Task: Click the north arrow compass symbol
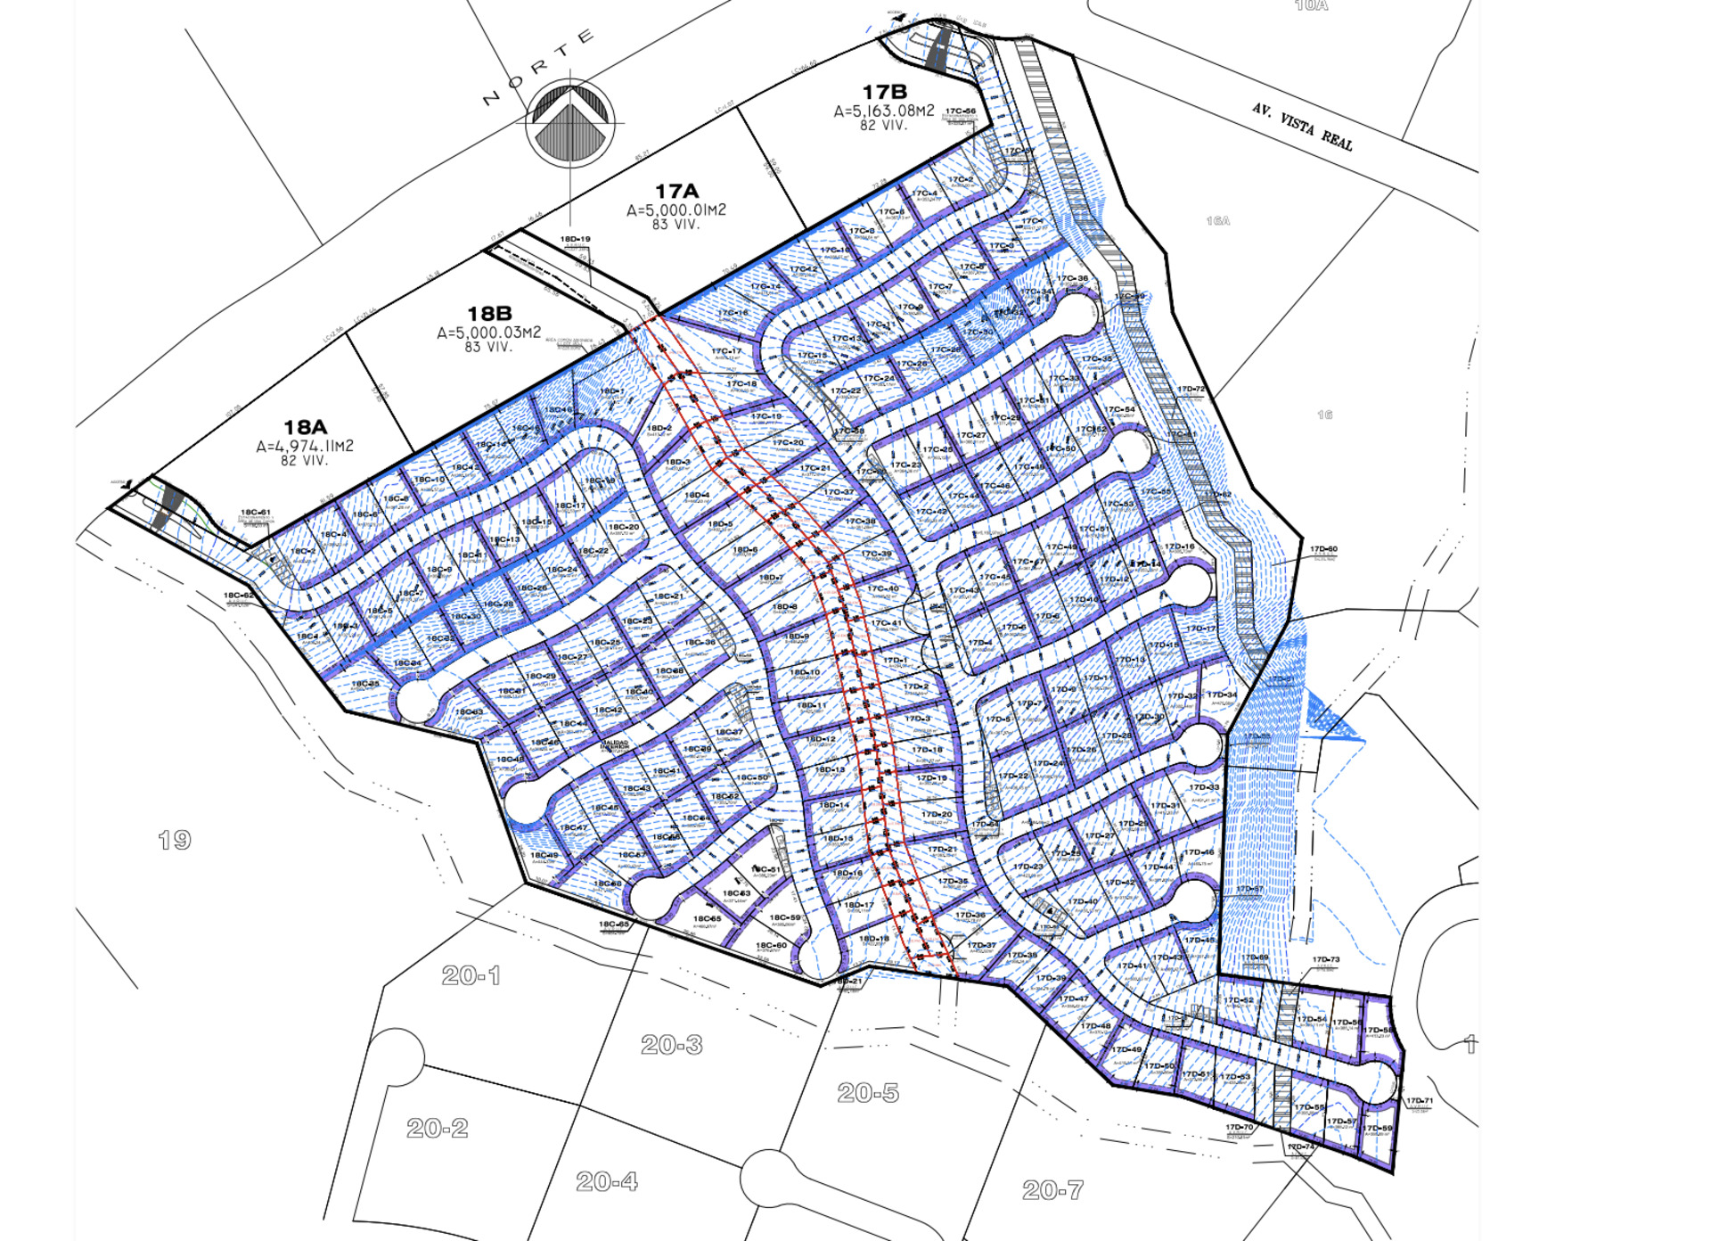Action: click(570, 123)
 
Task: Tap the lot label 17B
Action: click(884, 92)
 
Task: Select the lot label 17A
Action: click(676, 192)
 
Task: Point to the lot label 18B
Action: click(489, 314)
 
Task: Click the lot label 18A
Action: click(305, 428)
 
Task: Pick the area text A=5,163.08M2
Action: click(884, 111)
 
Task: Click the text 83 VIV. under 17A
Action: click(675, 225)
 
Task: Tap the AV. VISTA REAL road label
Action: click(1302, 127)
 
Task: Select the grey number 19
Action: click(174, 840)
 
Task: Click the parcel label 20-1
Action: click(471, 975)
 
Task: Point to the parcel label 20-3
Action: click(672, 1044)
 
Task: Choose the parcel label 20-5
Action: click(868, 1092)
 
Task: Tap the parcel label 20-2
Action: click(437, 1128)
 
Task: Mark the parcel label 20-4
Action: click(607, 1181)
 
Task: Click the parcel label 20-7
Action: click(1052, 1189)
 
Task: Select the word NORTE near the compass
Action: click(538, 67)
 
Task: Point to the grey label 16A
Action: click(1218, 220)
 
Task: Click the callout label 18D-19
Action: click(575, 240)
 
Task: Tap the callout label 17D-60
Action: click(1323, 549)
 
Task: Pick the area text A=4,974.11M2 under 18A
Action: click(305, 446)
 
